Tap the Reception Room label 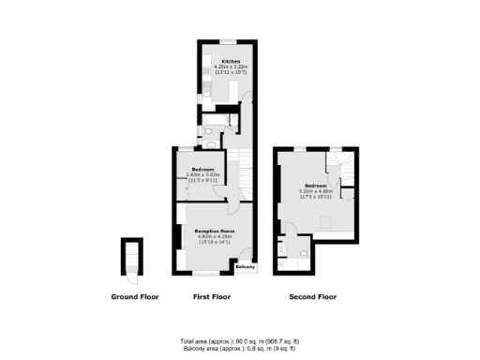tap(215, 231)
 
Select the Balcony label tap(245, 268)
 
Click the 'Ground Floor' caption tap(135, 296)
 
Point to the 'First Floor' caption tap(212, 296)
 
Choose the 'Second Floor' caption tap(312, 296)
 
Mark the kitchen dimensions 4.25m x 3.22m tap(231, 67)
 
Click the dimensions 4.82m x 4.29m tap(215, 236)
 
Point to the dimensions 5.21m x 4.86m tap(316, 191)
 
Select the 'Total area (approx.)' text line tap(239, 339)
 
